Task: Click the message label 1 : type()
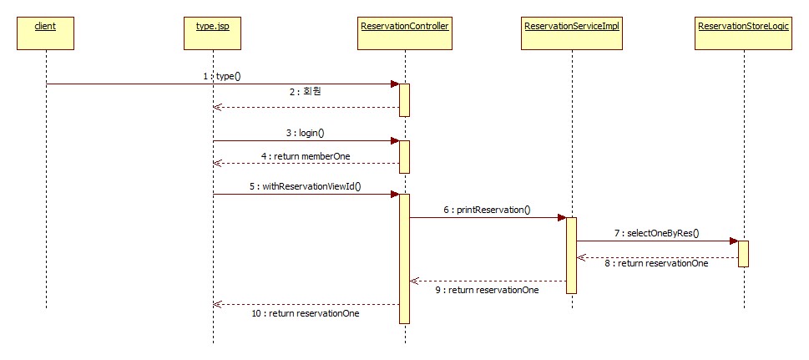pyautogui.click(x=221, y=76)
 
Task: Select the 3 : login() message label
pyautogui.click(x=305, y=133)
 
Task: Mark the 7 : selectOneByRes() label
pyautogui.click(x=657, y=233)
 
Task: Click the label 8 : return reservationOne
pyautogui.click(x=657, y=263)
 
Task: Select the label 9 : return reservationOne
pyautogui.click(x=487, y=290)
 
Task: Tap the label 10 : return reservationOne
pyautogui.click(x=305, y=314)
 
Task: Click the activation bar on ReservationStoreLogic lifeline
pyautogui.click(x=743, y=253)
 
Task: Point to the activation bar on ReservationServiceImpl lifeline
pyautogui.click(x=572, y=255)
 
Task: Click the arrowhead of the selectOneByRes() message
pyautogui.click(x=733, y=241)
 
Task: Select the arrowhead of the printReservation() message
pyautogui.click(x=562, y=218)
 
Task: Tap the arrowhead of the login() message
pyautogui.click(x=395, y=141)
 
